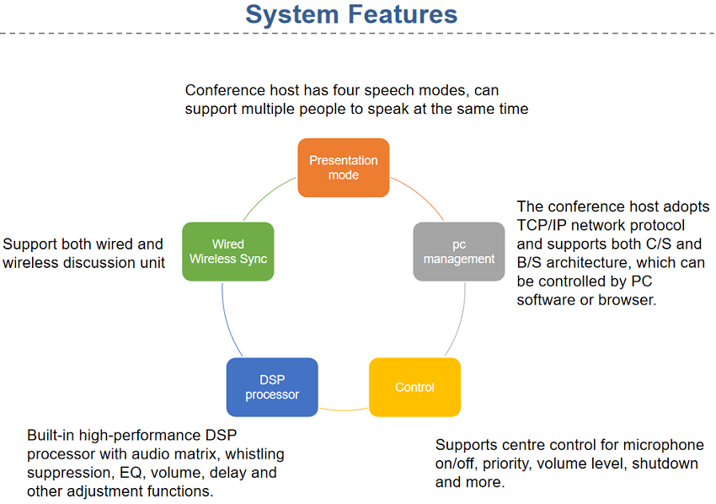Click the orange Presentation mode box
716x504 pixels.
click(x=343, y=168)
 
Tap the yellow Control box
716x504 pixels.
click(x=414, y=387)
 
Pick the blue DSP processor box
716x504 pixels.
click(x=272, y=387)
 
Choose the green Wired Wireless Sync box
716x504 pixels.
click(x=228, y=251)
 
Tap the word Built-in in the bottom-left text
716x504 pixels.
click(x=52, y=435)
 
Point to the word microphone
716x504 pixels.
click(x=662, y=445)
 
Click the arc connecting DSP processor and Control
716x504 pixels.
click(x=344, y=410)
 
